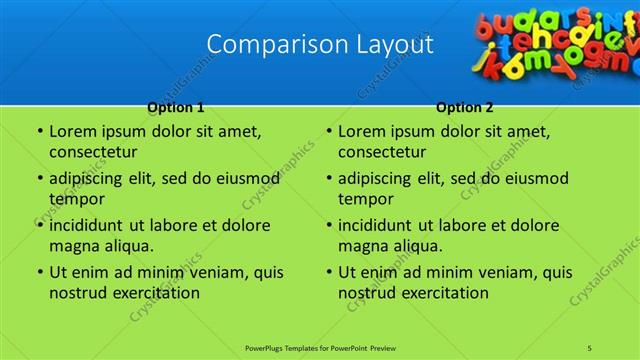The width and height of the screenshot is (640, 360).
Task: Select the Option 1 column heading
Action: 175,106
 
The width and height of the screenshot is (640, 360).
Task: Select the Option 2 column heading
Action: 465,106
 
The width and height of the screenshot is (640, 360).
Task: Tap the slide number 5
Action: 590,348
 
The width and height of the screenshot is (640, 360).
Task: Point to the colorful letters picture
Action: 556,40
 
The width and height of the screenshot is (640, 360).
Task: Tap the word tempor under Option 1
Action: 74,199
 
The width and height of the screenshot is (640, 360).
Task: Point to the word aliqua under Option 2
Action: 415,246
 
